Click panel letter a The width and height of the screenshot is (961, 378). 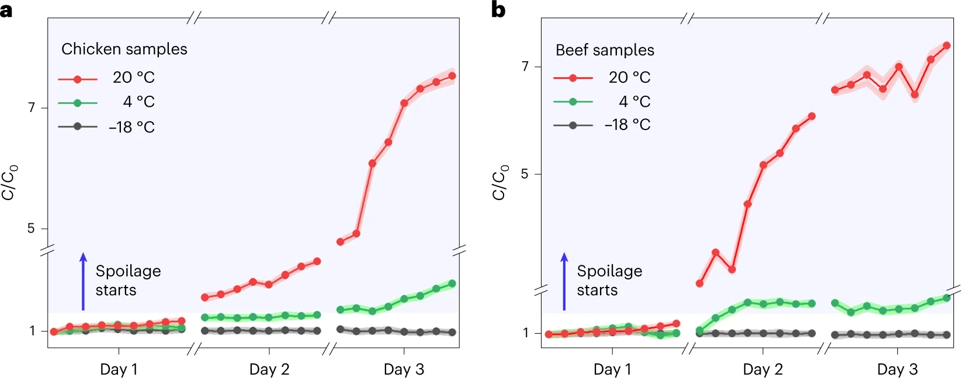coord(6,10)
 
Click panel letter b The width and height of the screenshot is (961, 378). coord(498,10)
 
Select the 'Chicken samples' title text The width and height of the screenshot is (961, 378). coord(124,49)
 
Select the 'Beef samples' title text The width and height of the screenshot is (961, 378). coord(605,50)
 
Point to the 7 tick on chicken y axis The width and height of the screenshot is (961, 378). coord(32,107)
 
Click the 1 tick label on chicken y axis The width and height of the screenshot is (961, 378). coord(33,331)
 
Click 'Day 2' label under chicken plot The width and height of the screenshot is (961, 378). coord(269,369)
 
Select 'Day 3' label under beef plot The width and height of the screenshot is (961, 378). coord(897,369)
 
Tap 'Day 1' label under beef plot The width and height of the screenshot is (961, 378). coord(612,369)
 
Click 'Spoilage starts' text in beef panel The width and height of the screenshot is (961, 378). coord(609,280)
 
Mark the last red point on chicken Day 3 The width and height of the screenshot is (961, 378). coord(452,76)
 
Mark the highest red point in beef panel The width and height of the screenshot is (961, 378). coord(946,45)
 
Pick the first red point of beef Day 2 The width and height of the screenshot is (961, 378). coord(699,283)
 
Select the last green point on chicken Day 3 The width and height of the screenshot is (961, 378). coord(452,283)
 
